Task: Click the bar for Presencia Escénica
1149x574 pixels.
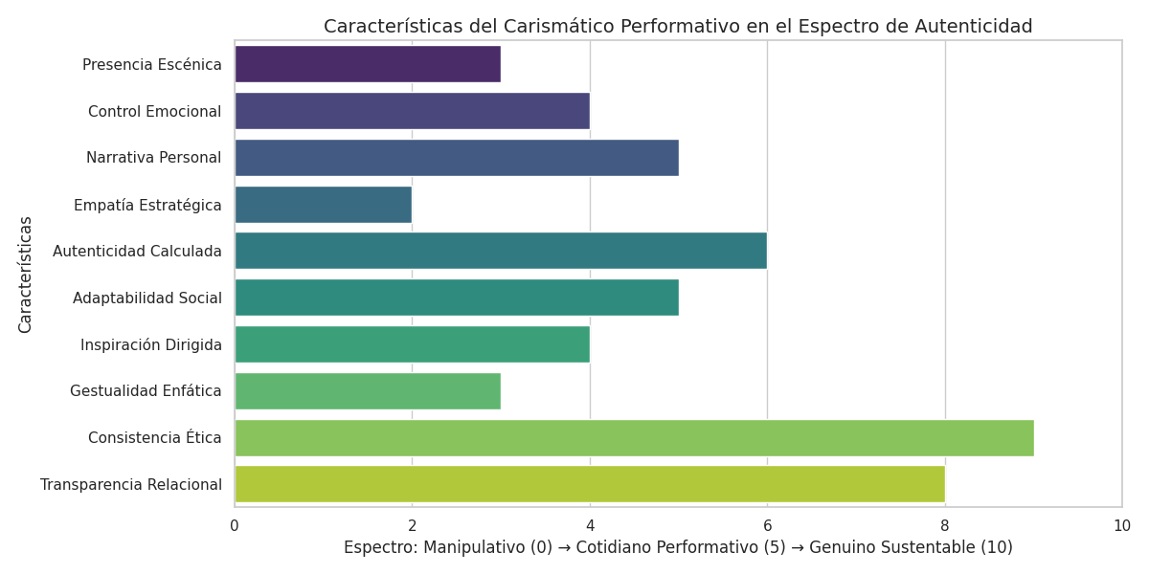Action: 367,64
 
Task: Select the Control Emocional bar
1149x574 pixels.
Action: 412,111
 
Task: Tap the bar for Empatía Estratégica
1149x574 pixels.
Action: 323,205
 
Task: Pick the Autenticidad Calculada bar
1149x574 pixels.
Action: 500,251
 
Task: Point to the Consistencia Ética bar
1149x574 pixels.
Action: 634,437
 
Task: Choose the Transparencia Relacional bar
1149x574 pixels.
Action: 589,484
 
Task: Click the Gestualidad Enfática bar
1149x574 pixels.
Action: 367,390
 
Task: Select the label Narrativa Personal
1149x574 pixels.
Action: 153,158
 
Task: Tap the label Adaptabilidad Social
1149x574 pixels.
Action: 146,298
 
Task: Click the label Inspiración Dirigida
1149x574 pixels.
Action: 150,344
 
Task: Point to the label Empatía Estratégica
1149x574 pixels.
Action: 147,205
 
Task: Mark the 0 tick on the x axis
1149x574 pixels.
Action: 235,525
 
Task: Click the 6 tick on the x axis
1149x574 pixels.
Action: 767,525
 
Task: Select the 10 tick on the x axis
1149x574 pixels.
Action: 1121,525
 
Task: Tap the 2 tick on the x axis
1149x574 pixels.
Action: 412,525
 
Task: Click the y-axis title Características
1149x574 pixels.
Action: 26,275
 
